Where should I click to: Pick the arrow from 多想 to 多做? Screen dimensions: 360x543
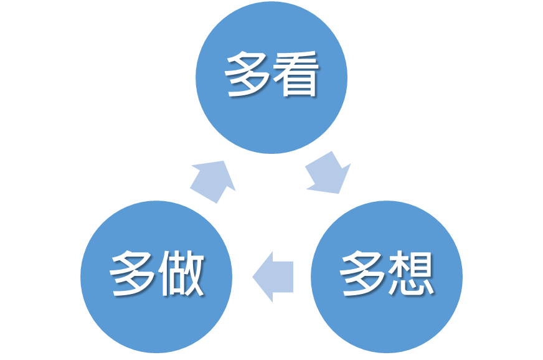274,277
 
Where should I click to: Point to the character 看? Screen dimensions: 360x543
296,75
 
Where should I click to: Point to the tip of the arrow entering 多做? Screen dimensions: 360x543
253,277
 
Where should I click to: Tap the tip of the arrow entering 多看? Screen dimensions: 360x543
224,162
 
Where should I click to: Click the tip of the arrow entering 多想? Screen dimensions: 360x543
341,192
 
